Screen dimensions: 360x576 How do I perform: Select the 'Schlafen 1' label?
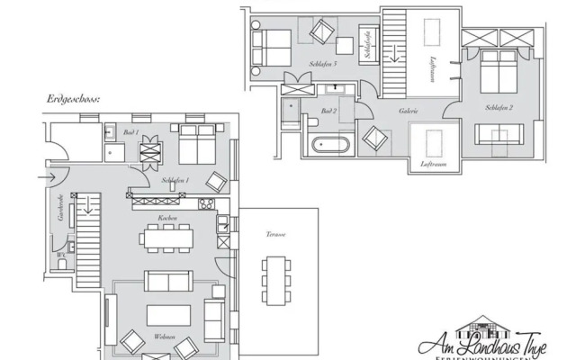tap(175, 181)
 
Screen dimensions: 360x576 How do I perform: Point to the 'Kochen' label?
tap(166, 219)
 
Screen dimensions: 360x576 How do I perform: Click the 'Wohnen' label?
tap(164, 337)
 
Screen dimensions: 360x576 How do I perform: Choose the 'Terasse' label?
tap(276, 234)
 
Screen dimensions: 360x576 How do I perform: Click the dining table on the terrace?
tap(275, 279)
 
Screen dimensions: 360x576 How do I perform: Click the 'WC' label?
tap(60, 254)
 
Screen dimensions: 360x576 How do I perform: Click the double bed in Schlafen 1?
tap(195, 143)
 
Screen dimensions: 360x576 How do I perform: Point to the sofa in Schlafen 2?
tap(501, 134)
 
